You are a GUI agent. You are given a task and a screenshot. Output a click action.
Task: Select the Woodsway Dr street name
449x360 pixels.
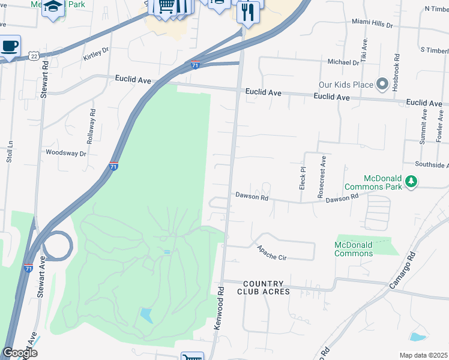click(x=66, y=153)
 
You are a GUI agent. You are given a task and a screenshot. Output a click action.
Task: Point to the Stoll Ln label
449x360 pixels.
click(x=10, y=152)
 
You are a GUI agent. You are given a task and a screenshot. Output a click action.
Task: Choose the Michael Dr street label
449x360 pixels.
click(x=343, y=62)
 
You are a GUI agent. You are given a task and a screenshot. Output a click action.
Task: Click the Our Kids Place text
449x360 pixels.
click(x=346, y=85)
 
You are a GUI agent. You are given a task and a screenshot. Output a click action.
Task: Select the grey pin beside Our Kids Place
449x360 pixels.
click(x=382, y=84)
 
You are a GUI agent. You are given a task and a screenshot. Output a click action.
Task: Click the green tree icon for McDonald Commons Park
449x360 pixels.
click(x=411, y=181)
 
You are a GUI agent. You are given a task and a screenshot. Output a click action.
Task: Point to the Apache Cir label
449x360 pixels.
click(x=272, y=253)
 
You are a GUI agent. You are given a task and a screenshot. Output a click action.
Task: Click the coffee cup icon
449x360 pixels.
click(x=10, y=46)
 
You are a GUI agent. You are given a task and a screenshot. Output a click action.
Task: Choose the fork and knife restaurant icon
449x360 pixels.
click(x=248, y=11)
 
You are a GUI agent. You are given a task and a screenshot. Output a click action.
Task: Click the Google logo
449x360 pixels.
click(x=20, y=353)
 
